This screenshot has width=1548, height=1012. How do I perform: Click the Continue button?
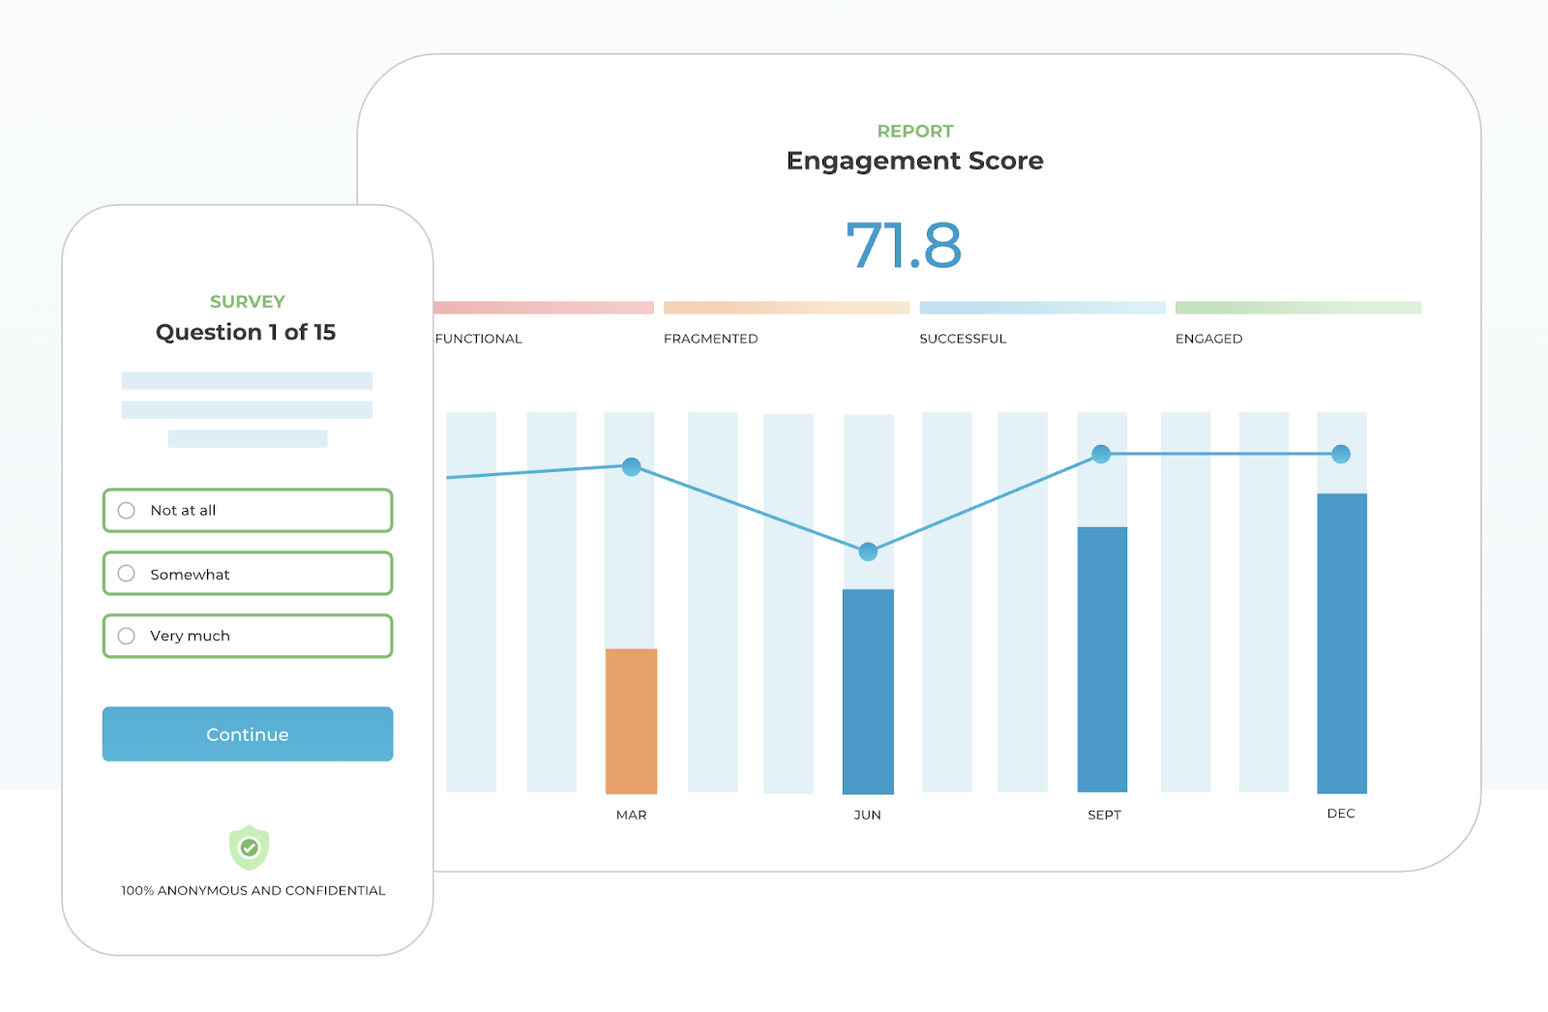pos(248,734)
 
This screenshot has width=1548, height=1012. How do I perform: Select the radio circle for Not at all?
pos(126,511)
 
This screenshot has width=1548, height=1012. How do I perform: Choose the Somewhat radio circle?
pos(126,574)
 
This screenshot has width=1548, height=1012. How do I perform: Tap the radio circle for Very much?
pos(126,636)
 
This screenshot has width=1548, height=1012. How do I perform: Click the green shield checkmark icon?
pos(249,848)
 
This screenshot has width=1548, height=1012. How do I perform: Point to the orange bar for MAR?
pos(631,721)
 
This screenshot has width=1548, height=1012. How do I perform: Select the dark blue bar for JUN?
pos(868,691)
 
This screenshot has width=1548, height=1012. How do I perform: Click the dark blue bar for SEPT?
pos(1102,659)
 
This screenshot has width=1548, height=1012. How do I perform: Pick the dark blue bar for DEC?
pos(1341,642)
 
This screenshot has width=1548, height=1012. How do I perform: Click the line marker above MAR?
pos(632,467)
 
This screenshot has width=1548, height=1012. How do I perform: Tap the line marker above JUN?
pos(868,551)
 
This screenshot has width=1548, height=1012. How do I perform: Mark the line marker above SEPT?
pos(1101,454)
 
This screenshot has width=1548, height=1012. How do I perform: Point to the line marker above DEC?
pos(1341,454)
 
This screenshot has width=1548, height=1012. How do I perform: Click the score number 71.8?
pos(904,245)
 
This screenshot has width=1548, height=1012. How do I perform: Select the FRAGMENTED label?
pos(711,339)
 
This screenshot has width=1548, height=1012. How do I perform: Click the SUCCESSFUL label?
pos(963,339)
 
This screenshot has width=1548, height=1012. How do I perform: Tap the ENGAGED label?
pos(1208,339)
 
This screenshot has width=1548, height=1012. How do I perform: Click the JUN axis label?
pos(867,815)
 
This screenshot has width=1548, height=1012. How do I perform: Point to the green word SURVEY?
pos(248,302)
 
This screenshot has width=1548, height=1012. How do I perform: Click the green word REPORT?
pos(915,131)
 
